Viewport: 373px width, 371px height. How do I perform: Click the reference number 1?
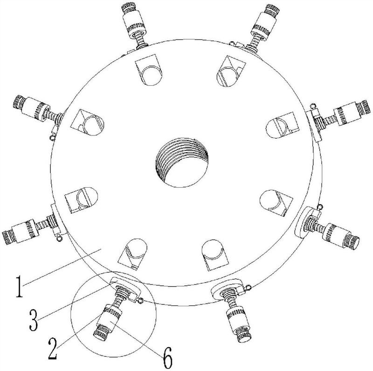(20, 286)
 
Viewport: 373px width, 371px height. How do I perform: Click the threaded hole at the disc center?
(182, 162)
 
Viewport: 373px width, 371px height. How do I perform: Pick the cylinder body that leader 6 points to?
(109, 320)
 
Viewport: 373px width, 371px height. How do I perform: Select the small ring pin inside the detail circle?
(140, 301)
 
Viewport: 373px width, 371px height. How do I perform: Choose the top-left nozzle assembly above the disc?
(134, 26)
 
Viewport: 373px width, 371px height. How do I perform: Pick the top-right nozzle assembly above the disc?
(263, 28)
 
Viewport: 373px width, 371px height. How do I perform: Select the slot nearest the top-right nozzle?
(230, 72)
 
